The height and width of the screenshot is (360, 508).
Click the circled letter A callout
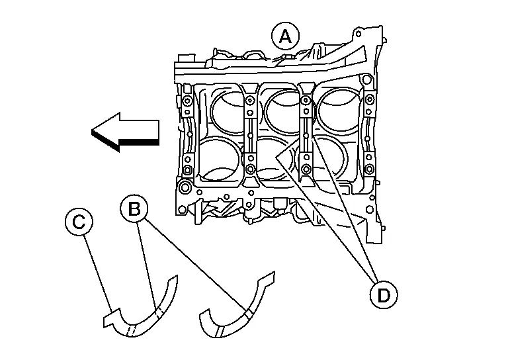pyautogui.click(x=285, y=36)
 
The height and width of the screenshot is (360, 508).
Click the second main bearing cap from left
pyautogui.click(x=249, y=136)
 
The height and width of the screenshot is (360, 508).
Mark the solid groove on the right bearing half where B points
pyautogui.click(x=247, y=314)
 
